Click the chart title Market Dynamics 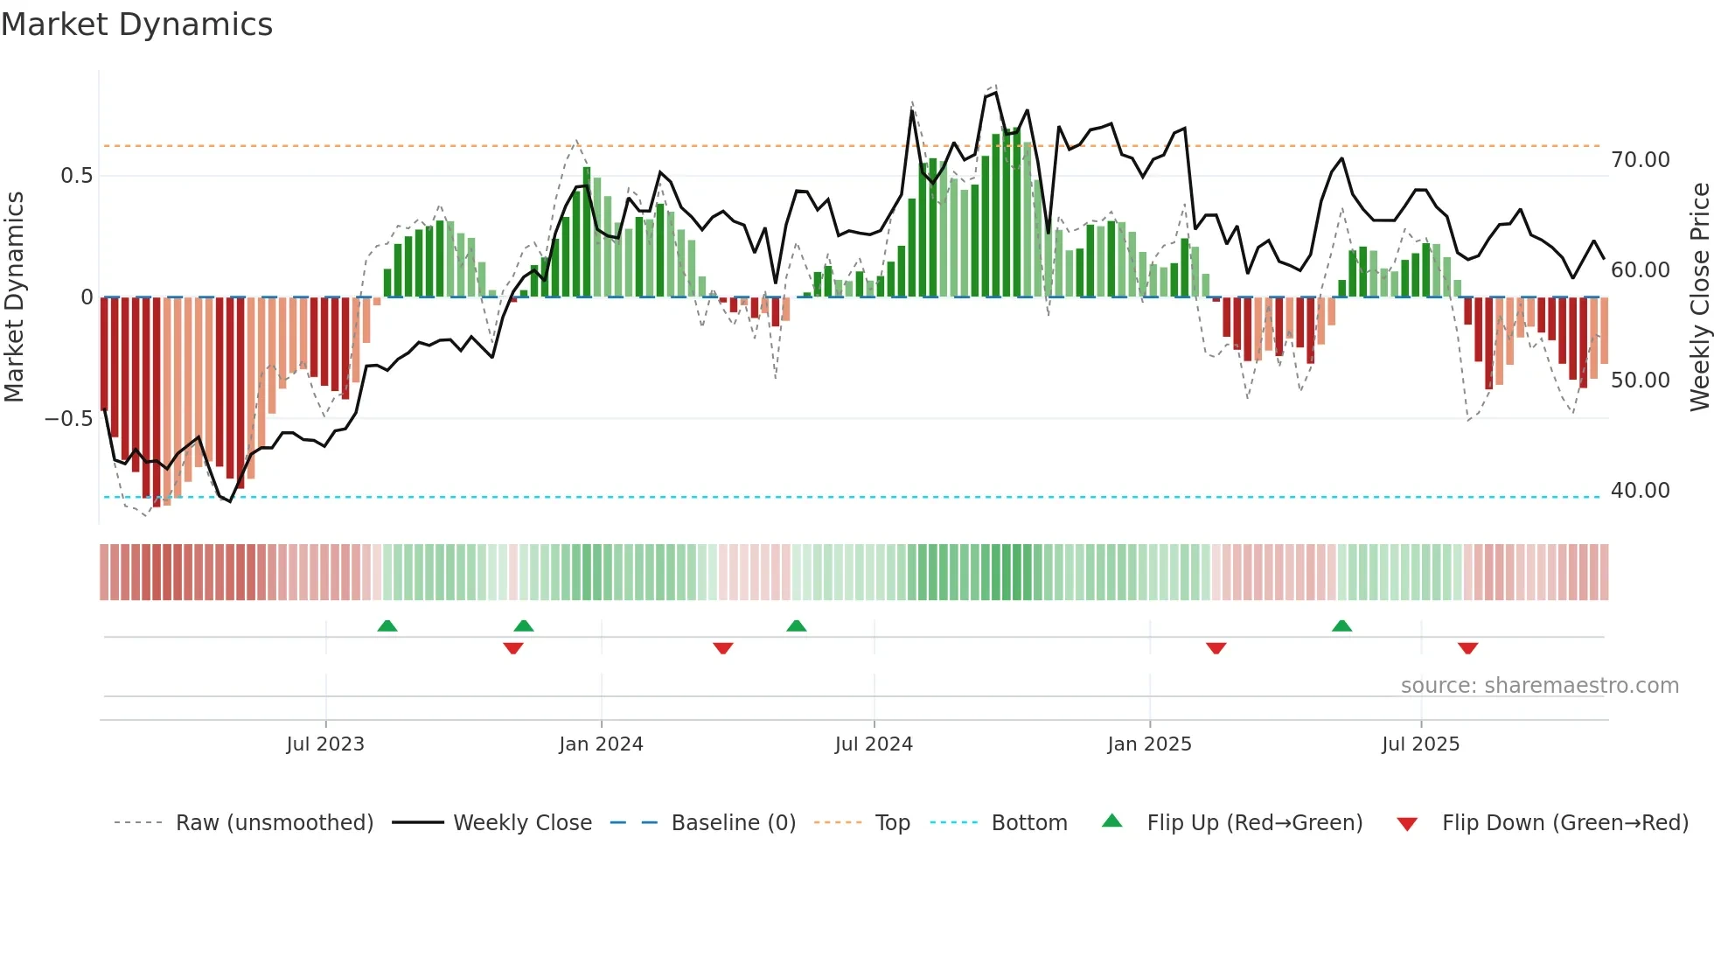point(136,24)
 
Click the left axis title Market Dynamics point(15,297)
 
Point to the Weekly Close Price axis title point(1699,297)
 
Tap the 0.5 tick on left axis point(76,176)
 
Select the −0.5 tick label point(69,419)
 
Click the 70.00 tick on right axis point(1640,160)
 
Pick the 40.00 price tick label point(1640,491)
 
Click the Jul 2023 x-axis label point(325,744)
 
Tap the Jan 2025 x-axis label point(1149,744)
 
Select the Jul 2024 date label point(874,744)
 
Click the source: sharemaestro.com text point(1539,686)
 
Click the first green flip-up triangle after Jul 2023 point(387,626)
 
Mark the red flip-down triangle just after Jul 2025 point(1467,648)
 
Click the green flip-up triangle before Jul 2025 point(1341,626)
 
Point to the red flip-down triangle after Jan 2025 point(1216,648)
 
